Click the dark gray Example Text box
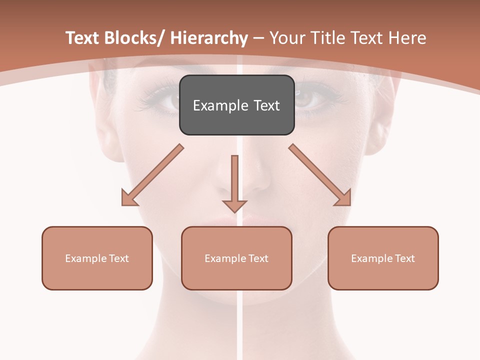pyautogui.click(x=236, y=105)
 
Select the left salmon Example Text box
pyautogui.click(x=97, y=258)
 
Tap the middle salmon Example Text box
pyautogui.click(x=236, y=258)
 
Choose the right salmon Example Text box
pyautogui.click(x=383, y=258)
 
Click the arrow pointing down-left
pyautogui.click(x=150, y=177)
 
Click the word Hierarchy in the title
pyautogui.click(x=209, y=38)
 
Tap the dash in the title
pyautogui.click(x=258, y=38)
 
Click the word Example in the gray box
pyautogui.click(x=220, y=105)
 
